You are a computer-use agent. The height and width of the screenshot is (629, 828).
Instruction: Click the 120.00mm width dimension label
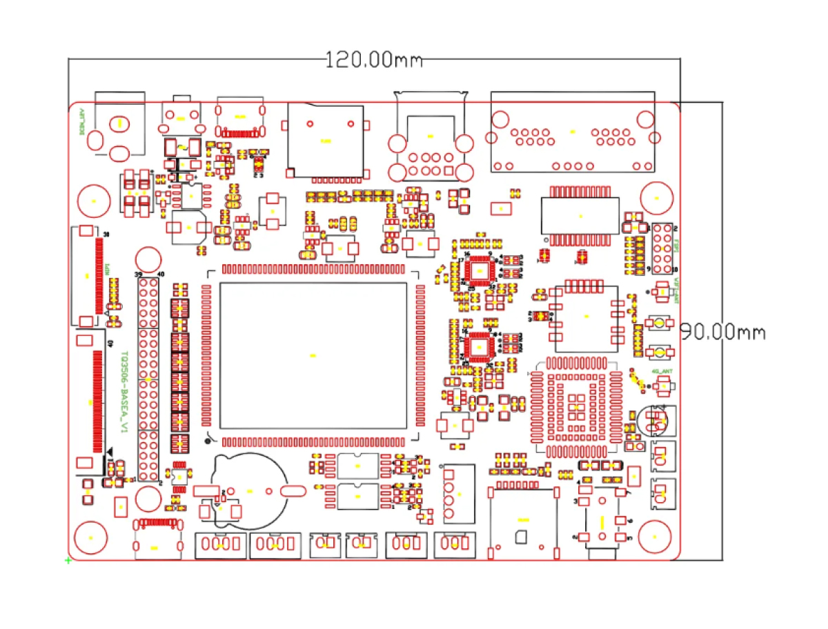coord(373,60)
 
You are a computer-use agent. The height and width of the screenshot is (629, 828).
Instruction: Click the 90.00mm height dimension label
coord(723,332)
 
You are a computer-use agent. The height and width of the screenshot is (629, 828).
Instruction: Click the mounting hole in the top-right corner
coord(656,199)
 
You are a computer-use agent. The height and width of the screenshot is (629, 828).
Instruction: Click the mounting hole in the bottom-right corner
coord(655,535)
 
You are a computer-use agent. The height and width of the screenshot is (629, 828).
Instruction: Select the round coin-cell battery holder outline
coord(250,490)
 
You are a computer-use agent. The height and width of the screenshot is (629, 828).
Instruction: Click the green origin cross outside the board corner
coord(68,561)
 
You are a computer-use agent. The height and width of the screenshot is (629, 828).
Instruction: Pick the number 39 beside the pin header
coord(139,274)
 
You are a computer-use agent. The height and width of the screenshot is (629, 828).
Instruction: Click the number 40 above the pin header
coord(161,274)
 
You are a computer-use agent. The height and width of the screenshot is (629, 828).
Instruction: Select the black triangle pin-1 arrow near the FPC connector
coord(110,450)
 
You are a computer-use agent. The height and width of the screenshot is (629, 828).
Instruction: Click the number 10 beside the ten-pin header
coord(676,269)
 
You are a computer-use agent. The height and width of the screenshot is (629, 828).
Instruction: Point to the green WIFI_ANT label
coord(677,290)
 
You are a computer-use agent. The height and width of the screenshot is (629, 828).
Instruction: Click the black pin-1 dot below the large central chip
coord(206,441)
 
